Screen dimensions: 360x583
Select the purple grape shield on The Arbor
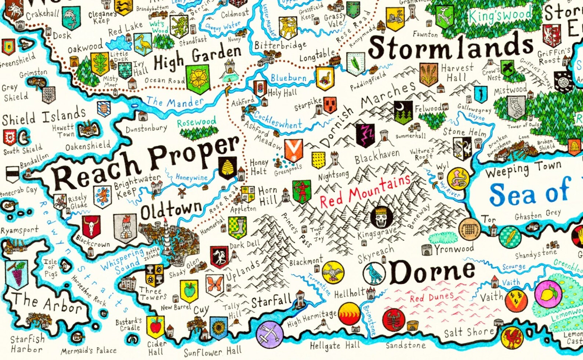point(17,273)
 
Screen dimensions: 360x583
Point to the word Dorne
point(432,272)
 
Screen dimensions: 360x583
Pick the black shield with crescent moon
point(403,112)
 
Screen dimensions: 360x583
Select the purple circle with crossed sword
point(269,334)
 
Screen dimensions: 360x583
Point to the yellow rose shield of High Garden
point(198,79)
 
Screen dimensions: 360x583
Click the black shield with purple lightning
point(365,135)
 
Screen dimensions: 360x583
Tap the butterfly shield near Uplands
point(215,285)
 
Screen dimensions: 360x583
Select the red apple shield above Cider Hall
point(156,327)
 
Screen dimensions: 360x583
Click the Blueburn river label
point(288,77)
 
